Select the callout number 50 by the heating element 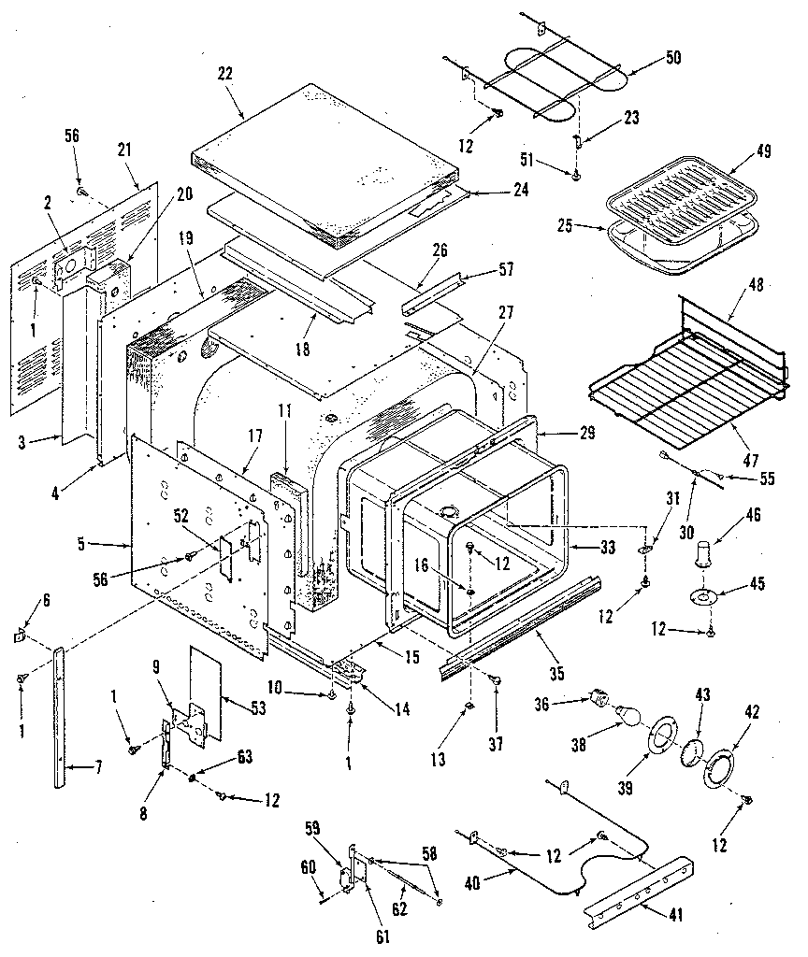click(x=672, y=58)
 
